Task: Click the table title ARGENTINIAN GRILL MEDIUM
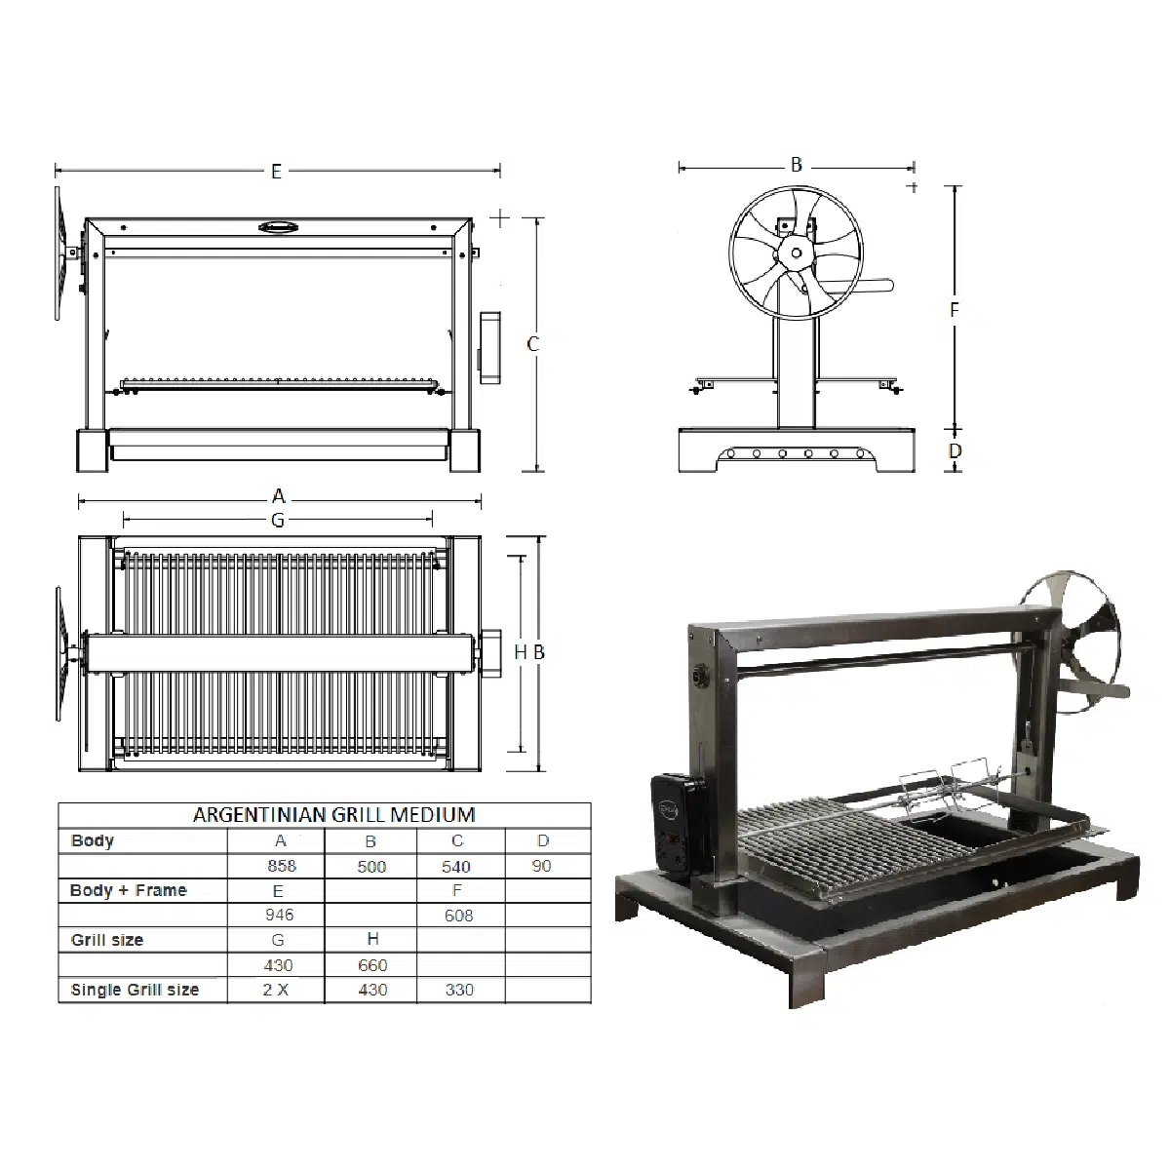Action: tap(333, 815)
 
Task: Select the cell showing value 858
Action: tap(281, 866)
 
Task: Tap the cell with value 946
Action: tap(279, 916)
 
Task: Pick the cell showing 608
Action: tap(458, 916)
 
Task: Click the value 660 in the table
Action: tap(372, 965)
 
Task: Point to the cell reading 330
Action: tap(458, 990)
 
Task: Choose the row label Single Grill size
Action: tap(135, 990)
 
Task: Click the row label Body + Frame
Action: tap(128, 890)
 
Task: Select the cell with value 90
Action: tap(542, 866)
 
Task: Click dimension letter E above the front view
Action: tap(277, 172)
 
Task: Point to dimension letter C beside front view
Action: tap(532, 344)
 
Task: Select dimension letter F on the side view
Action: tap(955, 310)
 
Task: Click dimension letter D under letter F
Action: tap(955, 450)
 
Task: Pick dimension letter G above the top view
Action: tap(278, 521)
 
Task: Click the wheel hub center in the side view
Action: tap(797, 253)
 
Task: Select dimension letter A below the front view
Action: tap(278, 496)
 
